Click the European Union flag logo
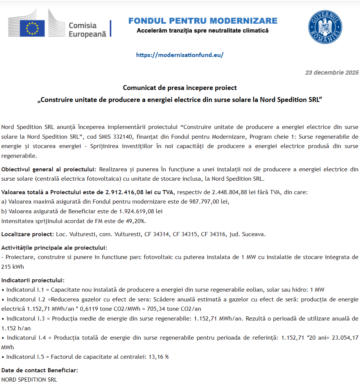(x=32, y=28)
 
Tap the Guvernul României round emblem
(x=325, y=26)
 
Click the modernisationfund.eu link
(x=180, y=55)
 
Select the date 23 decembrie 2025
(x=332, y=72)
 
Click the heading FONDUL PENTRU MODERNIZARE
(x=203, y=21)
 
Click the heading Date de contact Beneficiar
(x=40, y=370)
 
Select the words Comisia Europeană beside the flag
(x=87, y=30)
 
